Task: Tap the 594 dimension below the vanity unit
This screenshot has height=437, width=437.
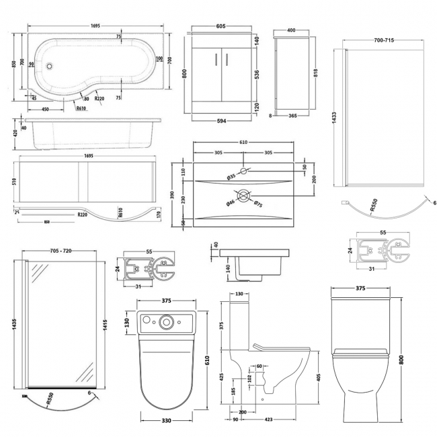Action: [x=221, y=121]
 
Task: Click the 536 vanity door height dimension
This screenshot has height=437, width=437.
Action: [x=257, y=75]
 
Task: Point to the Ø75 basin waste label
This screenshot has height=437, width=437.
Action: [x=258, y=204]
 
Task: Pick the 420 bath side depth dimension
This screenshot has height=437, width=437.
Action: [x=15, y=133]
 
